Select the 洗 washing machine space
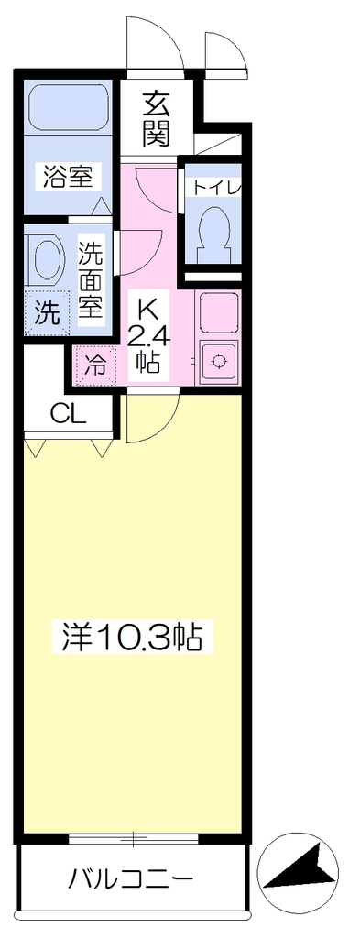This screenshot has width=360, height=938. coord(46,311)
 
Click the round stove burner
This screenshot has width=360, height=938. coord(219,361)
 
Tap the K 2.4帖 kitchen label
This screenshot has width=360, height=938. coord(150,335)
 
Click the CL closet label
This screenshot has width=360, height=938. coord(68,412)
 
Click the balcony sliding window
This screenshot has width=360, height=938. coord(133,839)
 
